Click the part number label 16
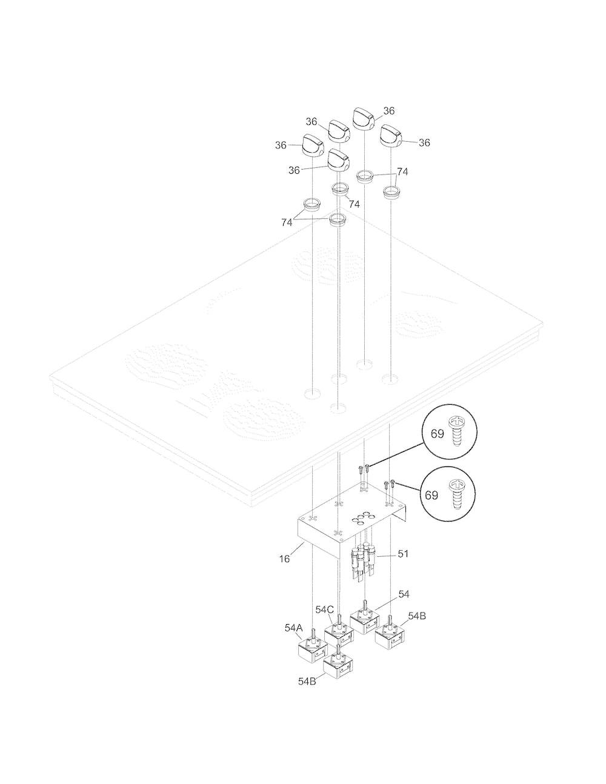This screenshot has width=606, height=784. [284, 559]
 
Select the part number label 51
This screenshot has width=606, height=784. [403, 553]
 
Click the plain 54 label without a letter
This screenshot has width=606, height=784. [404, 594]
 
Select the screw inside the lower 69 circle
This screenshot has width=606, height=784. [456, 494]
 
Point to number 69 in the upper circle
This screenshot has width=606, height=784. [437, 434]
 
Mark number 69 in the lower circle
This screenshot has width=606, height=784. [431, 496]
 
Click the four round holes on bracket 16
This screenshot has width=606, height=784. [361, 518]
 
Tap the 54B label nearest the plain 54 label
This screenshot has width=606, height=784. [417, 616]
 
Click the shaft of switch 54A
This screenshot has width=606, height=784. [313, 642]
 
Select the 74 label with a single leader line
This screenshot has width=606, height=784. [355, 204]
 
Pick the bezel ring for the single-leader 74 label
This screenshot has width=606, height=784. [341, 189]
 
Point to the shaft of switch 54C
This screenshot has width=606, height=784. [339, 623]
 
